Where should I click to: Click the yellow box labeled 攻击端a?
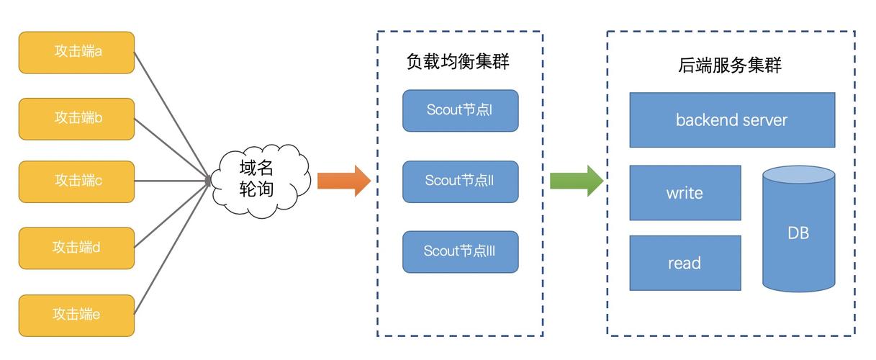(76, 52)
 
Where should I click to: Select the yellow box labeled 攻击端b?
(76, 118)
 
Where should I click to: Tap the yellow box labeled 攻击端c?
(76, 181)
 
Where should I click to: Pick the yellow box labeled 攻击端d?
(76, 248)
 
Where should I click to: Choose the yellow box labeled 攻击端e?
(76, 315)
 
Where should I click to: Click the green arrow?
(576, 180)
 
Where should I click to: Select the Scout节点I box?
(460, 110)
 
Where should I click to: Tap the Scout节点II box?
(460, 181)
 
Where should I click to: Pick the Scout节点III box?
(460, 251)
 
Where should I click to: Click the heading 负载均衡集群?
(458, 62)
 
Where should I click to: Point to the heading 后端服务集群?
(730, 66)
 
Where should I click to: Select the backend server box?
(732, 120)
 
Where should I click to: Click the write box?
(685, 193)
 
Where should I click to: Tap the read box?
(685, 263)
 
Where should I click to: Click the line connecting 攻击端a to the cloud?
(171, 115)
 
